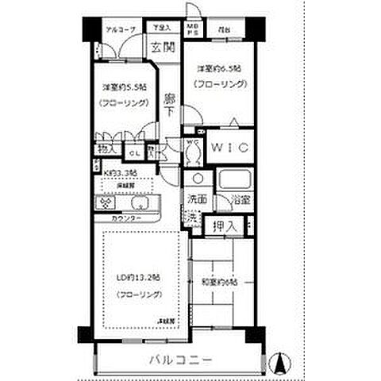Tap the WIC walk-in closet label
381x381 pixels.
tap(230, 148)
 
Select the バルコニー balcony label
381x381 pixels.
tap(180, 361)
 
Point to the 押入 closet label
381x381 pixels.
tap(225, 226)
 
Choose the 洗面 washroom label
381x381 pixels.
tap(198, 200)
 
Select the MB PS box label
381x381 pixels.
tap(192, 31)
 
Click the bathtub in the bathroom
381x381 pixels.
tap(235, 179)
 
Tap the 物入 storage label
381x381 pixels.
tap(106, 148)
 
